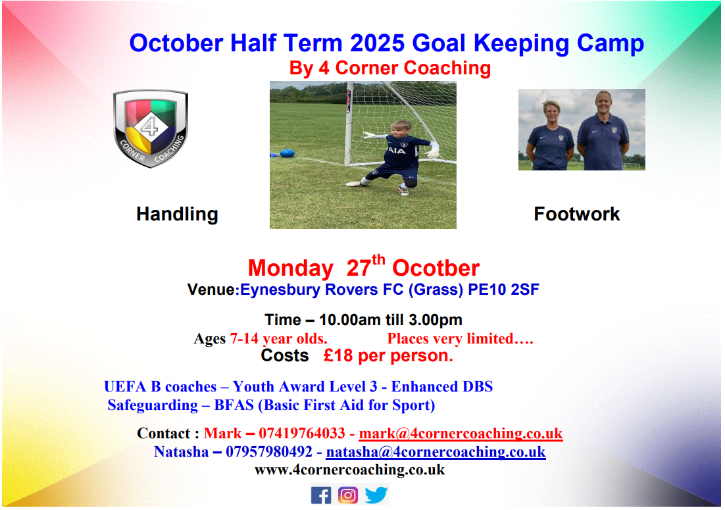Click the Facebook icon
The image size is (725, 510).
click(x=321, y=496)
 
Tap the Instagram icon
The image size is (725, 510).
click(x=348, y=496)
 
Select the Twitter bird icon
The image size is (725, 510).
click(x=376, y=495)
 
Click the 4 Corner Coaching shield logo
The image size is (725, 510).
click(x=150, y=128)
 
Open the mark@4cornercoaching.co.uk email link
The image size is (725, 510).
click(x=461, y=433)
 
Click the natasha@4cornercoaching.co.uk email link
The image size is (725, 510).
click(x=436, y=451)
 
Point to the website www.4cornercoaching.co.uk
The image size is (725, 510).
click(x=349, y=470)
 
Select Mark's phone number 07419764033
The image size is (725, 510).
click(x=301, y=433)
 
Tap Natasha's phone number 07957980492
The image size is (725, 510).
click(x=268, y=451)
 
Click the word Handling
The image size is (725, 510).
click(x=177, y=214)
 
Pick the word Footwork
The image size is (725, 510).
click(x=576, y=214)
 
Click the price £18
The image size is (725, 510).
click(x=338, y=355)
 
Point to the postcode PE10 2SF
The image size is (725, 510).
click(x=503, y=290)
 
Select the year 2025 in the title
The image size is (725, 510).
click(x=377, y=43)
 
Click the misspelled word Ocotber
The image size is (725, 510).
click(x=436, y=268)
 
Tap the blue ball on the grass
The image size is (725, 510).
click(x=287, y=153)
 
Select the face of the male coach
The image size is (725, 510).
click(x=603, y=102)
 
